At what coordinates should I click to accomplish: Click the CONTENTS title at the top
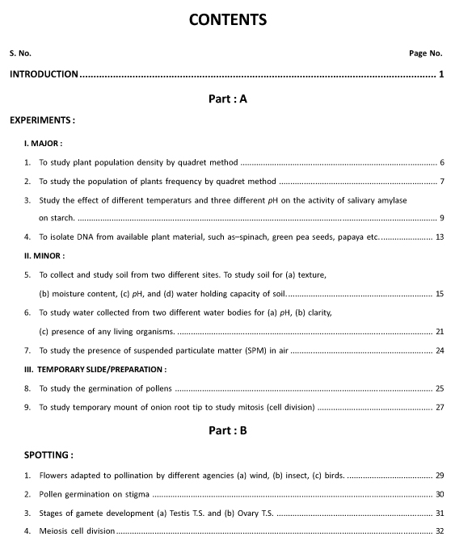pyautogui.click(x=227, y=19)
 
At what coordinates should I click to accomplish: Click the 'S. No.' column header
pyautogui.click(x=20, y=53)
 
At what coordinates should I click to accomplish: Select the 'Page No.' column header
pyautogui.click(x=426, y=53)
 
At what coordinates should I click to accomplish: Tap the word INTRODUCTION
pyautogui.click(x=44, y=74)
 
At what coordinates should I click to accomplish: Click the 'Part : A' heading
pyautogui.click(x=227, y=99)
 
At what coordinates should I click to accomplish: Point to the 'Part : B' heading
pyautogui.click(x=227, y=430)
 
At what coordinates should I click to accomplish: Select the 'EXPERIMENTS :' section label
pyautogui.click(x=42, y=120)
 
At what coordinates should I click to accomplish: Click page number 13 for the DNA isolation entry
pyautogui.click(x=440, y=237)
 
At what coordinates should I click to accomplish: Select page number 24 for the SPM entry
pyautogui.click(x=440, y=350)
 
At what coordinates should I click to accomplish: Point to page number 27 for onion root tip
pyautogui.click(x=440, y=407)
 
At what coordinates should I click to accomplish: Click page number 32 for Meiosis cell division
pyautogui.click(x=440, y=531)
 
